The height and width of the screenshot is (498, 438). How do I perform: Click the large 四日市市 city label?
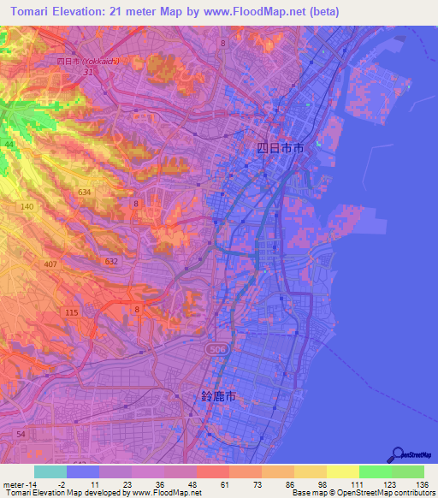pos(280,147)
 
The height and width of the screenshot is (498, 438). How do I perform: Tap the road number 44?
pos(8,145)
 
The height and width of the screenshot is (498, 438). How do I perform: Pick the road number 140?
pos(27,207)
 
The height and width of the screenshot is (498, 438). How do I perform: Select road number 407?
pos(50,264)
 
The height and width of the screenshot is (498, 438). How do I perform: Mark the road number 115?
pos(71,313)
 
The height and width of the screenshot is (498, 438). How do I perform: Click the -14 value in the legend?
pos(22,484)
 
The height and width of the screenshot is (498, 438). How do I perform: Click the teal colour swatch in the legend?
pos(50,471)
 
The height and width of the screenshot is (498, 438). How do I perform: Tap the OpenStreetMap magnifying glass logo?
pos(397,454)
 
